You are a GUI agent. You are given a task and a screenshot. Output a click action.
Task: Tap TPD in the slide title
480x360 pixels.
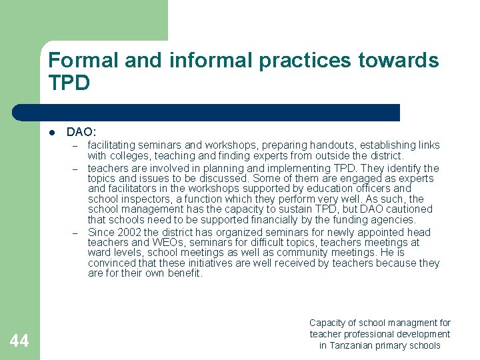pyautogui.click(x=69, y=83)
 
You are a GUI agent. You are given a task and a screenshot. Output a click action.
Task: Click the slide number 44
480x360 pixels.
pyautogui.click(x=19, y=342)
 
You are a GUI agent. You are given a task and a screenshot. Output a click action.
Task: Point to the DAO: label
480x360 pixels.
pyautogui.click(x=81, y=133)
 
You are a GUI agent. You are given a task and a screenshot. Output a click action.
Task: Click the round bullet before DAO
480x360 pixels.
pyautogui.click(x=52, y=133)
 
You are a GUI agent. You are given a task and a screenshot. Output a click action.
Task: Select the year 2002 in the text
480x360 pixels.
pyautogui.click(x=131, y=233)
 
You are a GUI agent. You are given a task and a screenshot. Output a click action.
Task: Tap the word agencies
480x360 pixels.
pyautogui.click(x=394, y=219)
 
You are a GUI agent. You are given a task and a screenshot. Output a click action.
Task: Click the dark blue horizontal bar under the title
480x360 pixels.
pyautogui.click(x=207, y=113)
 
